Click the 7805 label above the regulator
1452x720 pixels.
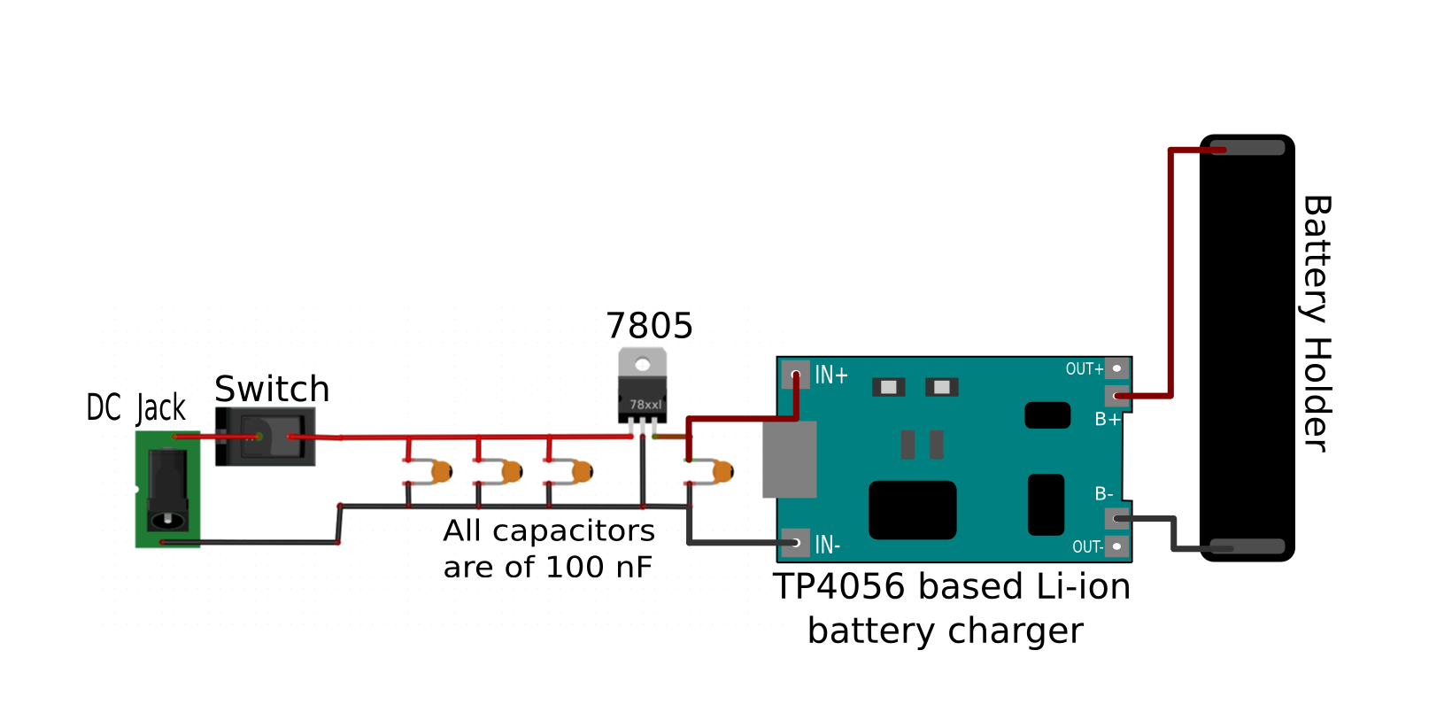point(649,327)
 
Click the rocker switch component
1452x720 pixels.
point(265,437)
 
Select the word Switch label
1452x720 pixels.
point(272,390)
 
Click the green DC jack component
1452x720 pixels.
point(167,489)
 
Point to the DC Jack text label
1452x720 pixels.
point(136,407)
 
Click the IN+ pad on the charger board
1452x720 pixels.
point(795,374)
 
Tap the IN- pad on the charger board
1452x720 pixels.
point(795,543)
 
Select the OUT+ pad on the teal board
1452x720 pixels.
point(1117,368)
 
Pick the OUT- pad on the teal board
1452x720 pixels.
point(1117,546)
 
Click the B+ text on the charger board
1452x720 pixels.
point(1107,420)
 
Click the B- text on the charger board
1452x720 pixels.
point(1103,494)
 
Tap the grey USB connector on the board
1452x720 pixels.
point(789,459)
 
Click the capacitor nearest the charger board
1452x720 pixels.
point(721,471)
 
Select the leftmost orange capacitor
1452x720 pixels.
point(440,472)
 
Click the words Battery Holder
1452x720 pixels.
point(1317,323)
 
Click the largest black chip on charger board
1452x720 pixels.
point(912,510)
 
